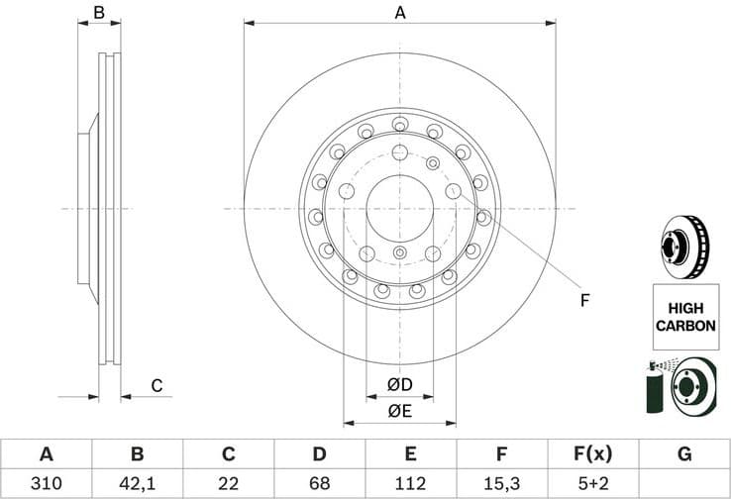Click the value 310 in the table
coord(46,484)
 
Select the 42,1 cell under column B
coord(137,484)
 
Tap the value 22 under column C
coord(228,484)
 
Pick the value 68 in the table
coord(319,484)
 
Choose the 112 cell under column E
coord(410,484)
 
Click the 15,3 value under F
coord(501,484)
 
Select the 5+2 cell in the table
coord(592,484)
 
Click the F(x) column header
coord(592,454)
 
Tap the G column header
coord(683,454)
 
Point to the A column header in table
coord(46,454)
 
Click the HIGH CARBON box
coord(682,316)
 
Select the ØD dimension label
coord(399,384)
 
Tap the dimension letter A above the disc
coord(400,13)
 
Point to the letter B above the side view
coord(99,13)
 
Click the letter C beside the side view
coord(156,386)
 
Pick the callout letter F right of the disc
coord(584,300)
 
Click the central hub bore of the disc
coord(399,208)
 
